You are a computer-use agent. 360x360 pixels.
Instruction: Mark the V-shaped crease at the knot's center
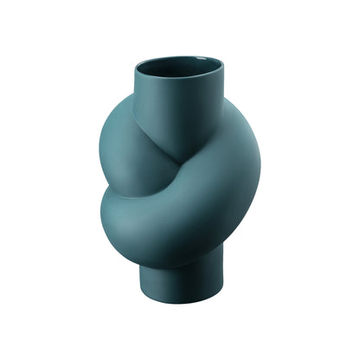click(x=187, y=161)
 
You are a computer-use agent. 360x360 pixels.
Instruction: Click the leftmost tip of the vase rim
click(x=137, y=67)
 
